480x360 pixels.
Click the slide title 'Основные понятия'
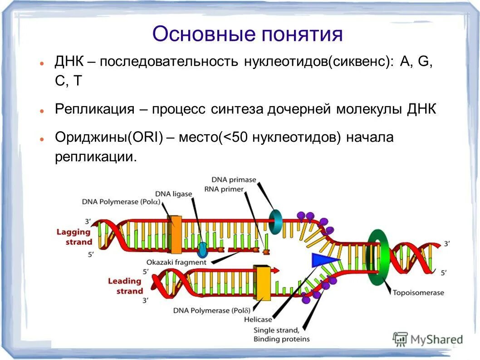[x=247, y=34]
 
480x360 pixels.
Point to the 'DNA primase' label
[x=234, y=180]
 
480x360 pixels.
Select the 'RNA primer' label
[x=230, y=189]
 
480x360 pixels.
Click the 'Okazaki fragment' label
[x=174, y=262]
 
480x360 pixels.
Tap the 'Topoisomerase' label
[x=418, y=293]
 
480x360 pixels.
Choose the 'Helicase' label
[x=257, y=319]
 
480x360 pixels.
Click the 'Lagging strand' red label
[x=74, y=237]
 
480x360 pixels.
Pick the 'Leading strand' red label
[x=125, y=286]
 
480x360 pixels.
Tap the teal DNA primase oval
[x=275, y=222]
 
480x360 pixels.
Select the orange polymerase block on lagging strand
[x=176, y=234]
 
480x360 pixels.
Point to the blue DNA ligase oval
[x=203, y=249]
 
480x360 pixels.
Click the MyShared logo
[x=428, y=339]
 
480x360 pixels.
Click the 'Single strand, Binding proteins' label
[x=281, y=335]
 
